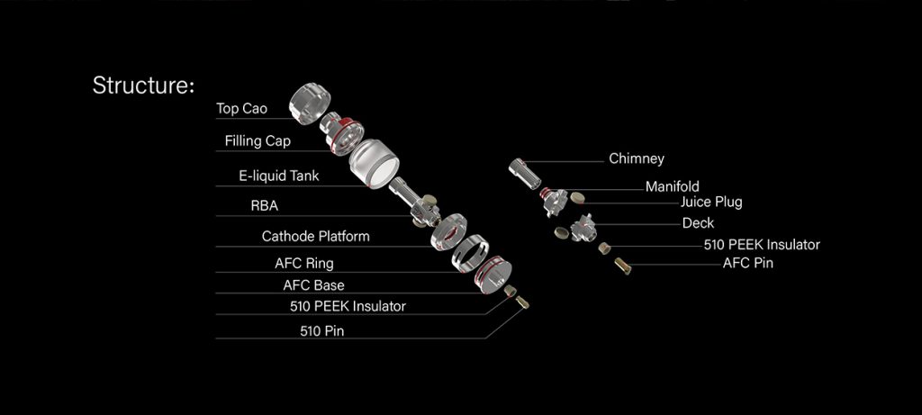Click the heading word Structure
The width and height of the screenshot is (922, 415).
coord(143,86)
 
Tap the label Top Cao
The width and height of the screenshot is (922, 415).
coord(241,109)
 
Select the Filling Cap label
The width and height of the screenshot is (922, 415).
coord(258,141)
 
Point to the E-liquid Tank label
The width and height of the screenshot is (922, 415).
coord(279,176)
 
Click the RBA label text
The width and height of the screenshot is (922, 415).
coord(264,206)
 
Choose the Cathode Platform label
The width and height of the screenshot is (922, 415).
coord(315,237)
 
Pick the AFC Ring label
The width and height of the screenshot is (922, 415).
coord(303,264)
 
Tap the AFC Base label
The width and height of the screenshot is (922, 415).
coord(313,285)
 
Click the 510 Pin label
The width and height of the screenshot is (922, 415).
coord(321,330)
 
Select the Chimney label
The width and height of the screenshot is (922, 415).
coord(637,158)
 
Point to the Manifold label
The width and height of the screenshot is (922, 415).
coord(672,187)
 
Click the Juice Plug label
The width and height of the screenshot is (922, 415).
coord(711,203)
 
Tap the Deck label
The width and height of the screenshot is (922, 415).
coord(698,223)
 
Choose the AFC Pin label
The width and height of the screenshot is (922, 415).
coord(747,264)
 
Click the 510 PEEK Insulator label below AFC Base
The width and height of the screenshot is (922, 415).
coord(348,306)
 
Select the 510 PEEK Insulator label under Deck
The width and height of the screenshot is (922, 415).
coord(762,244)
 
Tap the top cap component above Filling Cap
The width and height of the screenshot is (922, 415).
coord(309,101)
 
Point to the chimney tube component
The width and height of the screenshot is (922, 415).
coord(523,171)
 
